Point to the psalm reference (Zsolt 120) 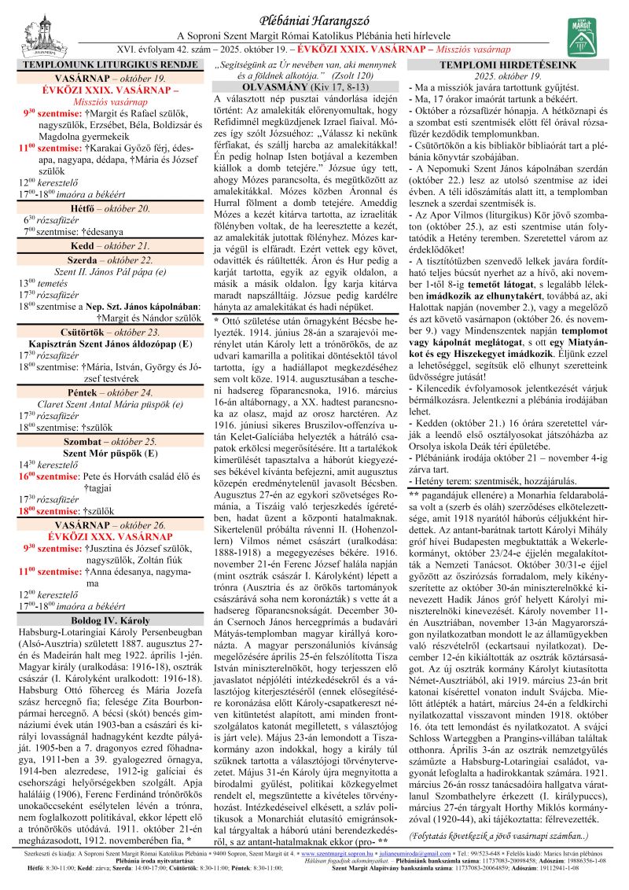[351, 74]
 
